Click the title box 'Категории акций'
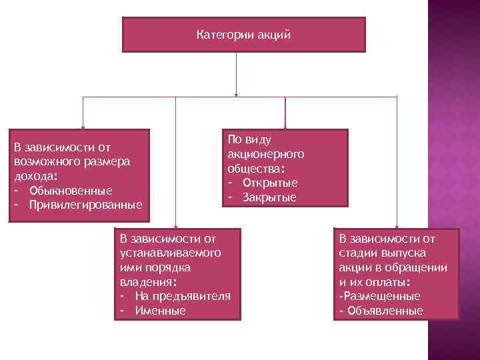[244, 35]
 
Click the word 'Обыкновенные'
[71, 191]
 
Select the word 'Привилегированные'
[85, 203]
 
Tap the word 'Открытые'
[270, 183]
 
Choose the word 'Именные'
[160, 311]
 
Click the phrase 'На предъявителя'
[182, 296]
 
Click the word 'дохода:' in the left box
[35, 176]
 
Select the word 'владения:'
[148, 281]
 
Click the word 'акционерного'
[265, 153]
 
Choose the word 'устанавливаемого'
[170, 252]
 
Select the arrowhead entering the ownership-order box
[175, 225]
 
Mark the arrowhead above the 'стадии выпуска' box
[397, 225]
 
